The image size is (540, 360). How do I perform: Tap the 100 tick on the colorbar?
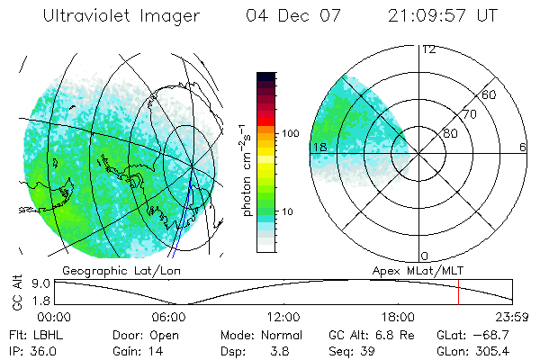coord(290,133)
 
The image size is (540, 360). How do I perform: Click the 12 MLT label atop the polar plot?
coord(428,49)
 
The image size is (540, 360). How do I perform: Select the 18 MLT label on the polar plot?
coord(319,147)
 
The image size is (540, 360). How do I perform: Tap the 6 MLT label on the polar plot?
coord(522,147)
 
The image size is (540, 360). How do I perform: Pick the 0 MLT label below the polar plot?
coord(424,256)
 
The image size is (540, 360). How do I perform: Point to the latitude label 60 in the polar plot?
coord(490,95)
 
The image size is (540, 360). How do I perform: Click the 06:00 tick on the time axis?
coord(169,317)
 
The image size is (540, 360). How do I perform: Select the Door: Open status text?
coord(144,334)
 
